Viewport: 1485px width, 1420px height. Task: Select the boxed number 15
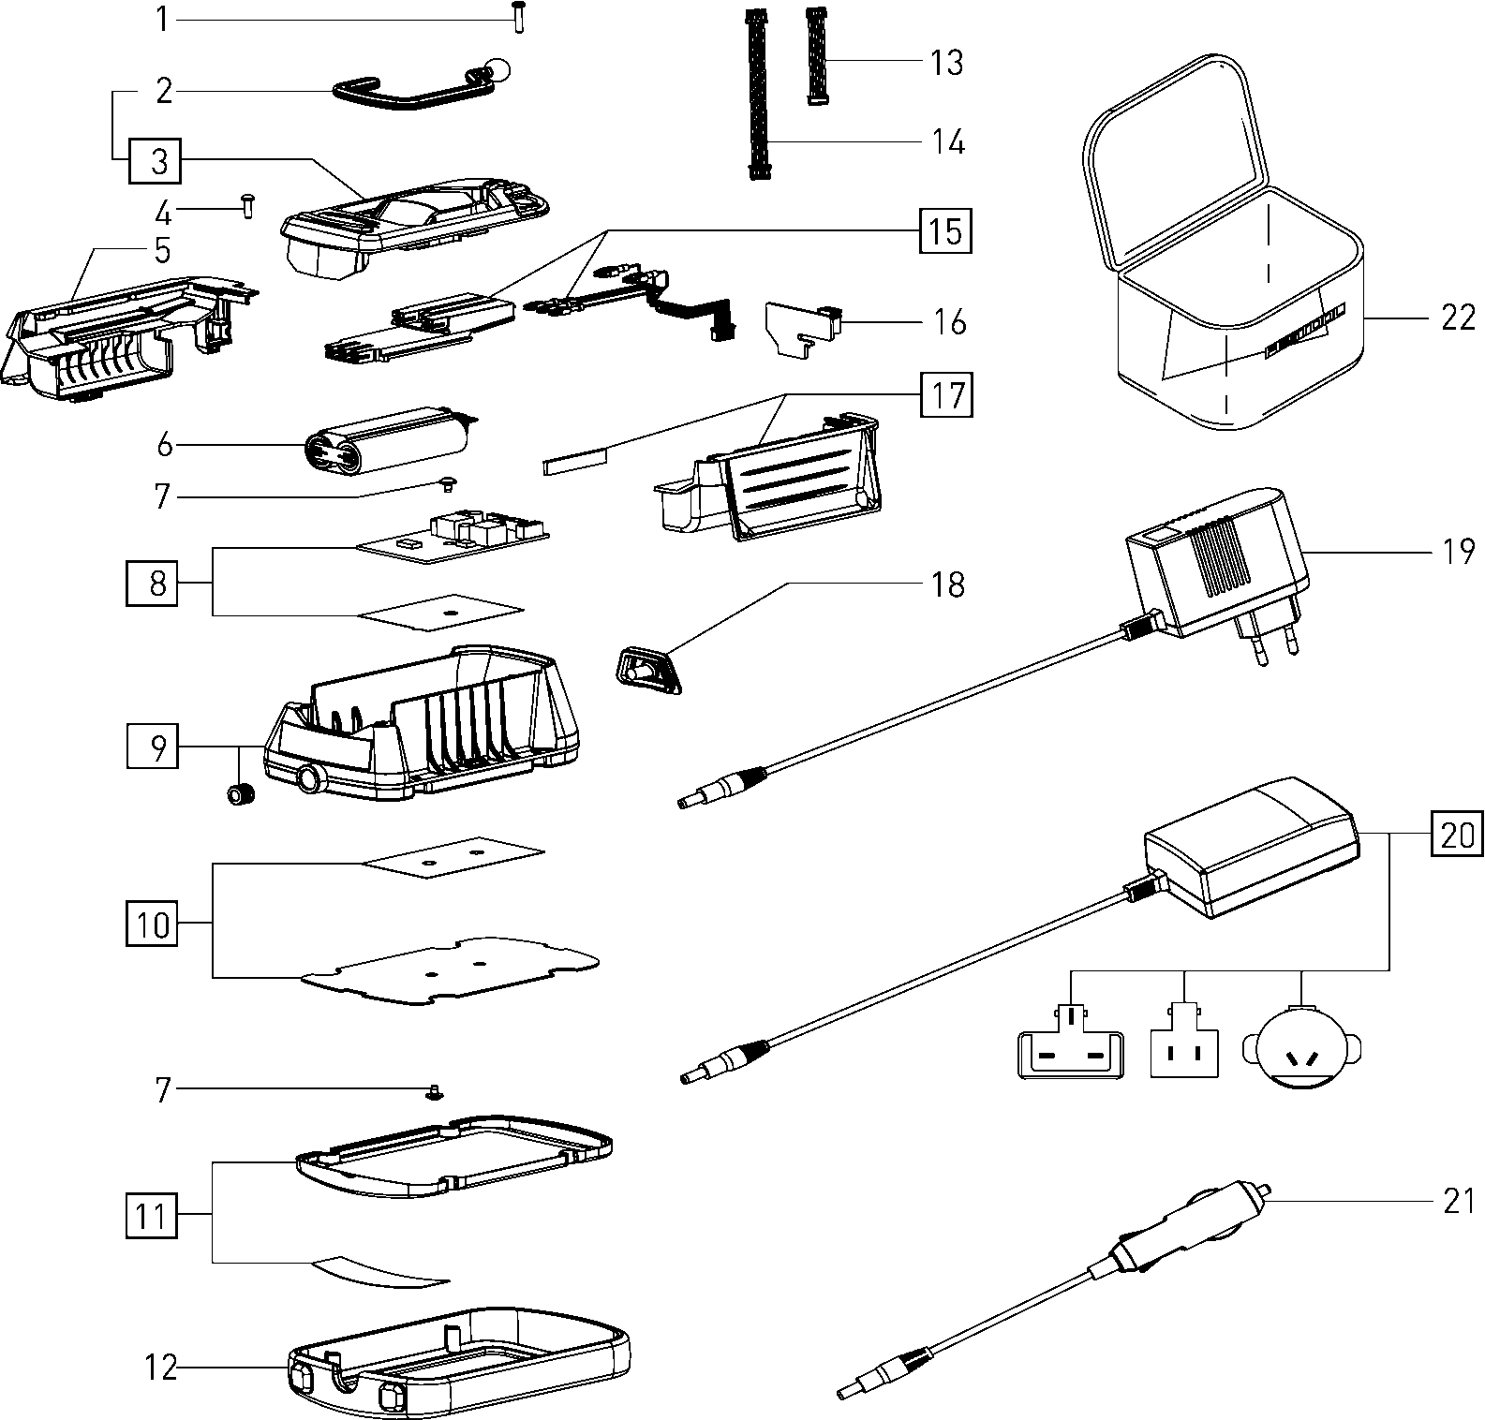click(x=944, y=230)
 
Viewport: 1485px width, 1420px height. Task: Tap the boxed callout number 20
click(x=1457, y=834)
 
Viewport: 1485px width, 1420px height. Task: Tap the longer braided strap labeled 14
click(x=757, y=94)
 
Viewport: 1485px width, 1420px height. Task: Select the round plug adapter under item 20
click(x=1301, y=1052)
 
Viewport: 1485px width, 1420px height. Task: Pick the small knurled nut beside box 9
click(x=240, y=795)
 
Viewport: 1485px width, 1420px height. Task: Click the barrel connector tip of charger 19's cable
click(x=693, y=800)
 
